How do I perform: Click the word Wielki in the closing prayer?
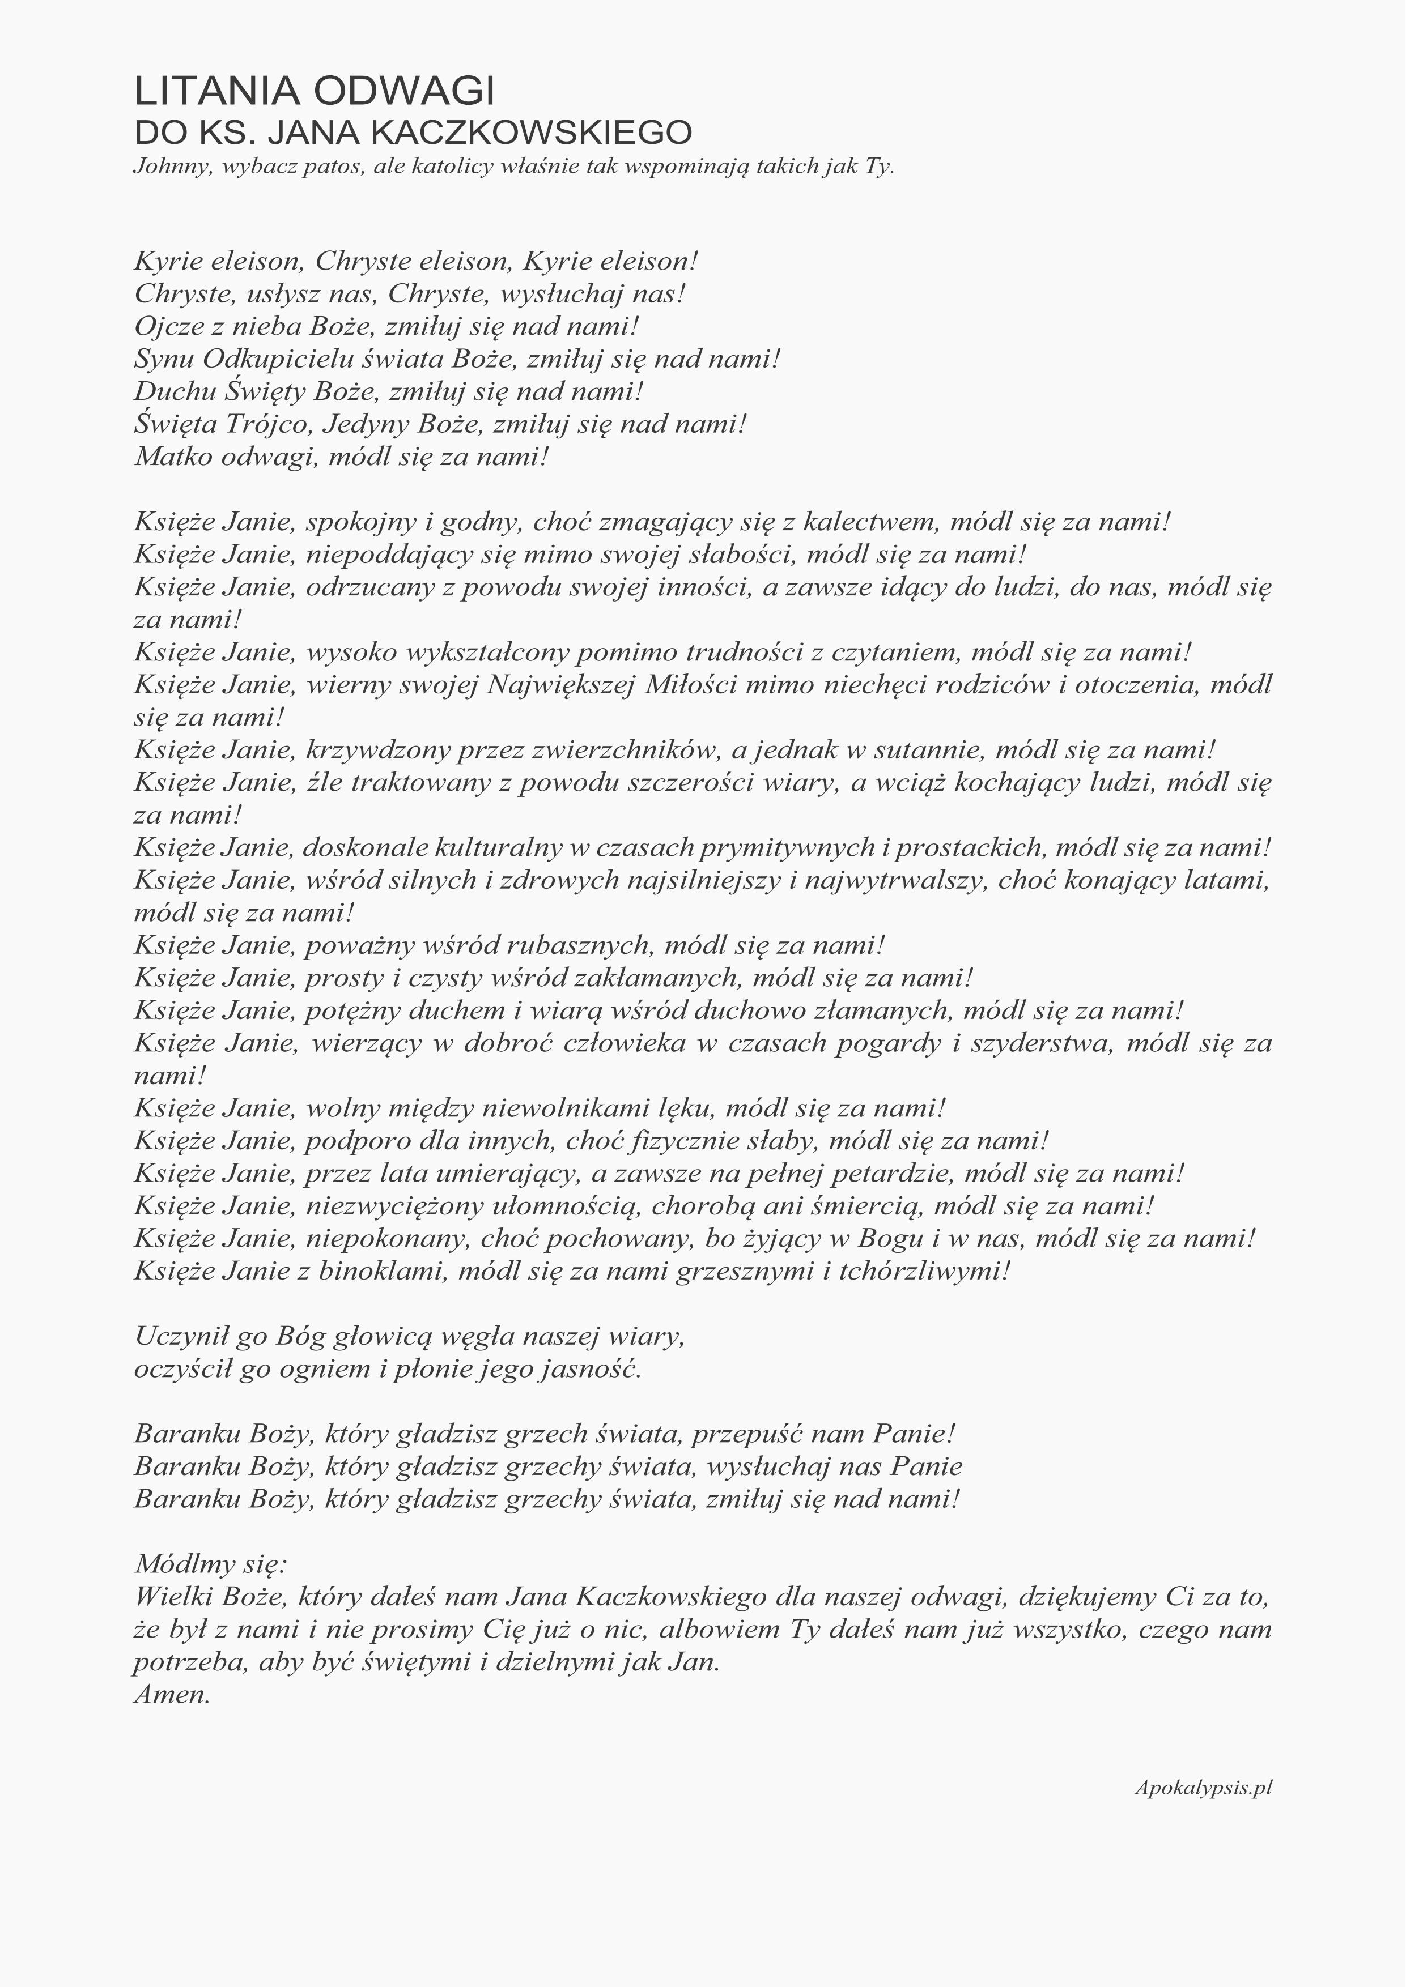[173, 1596]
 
